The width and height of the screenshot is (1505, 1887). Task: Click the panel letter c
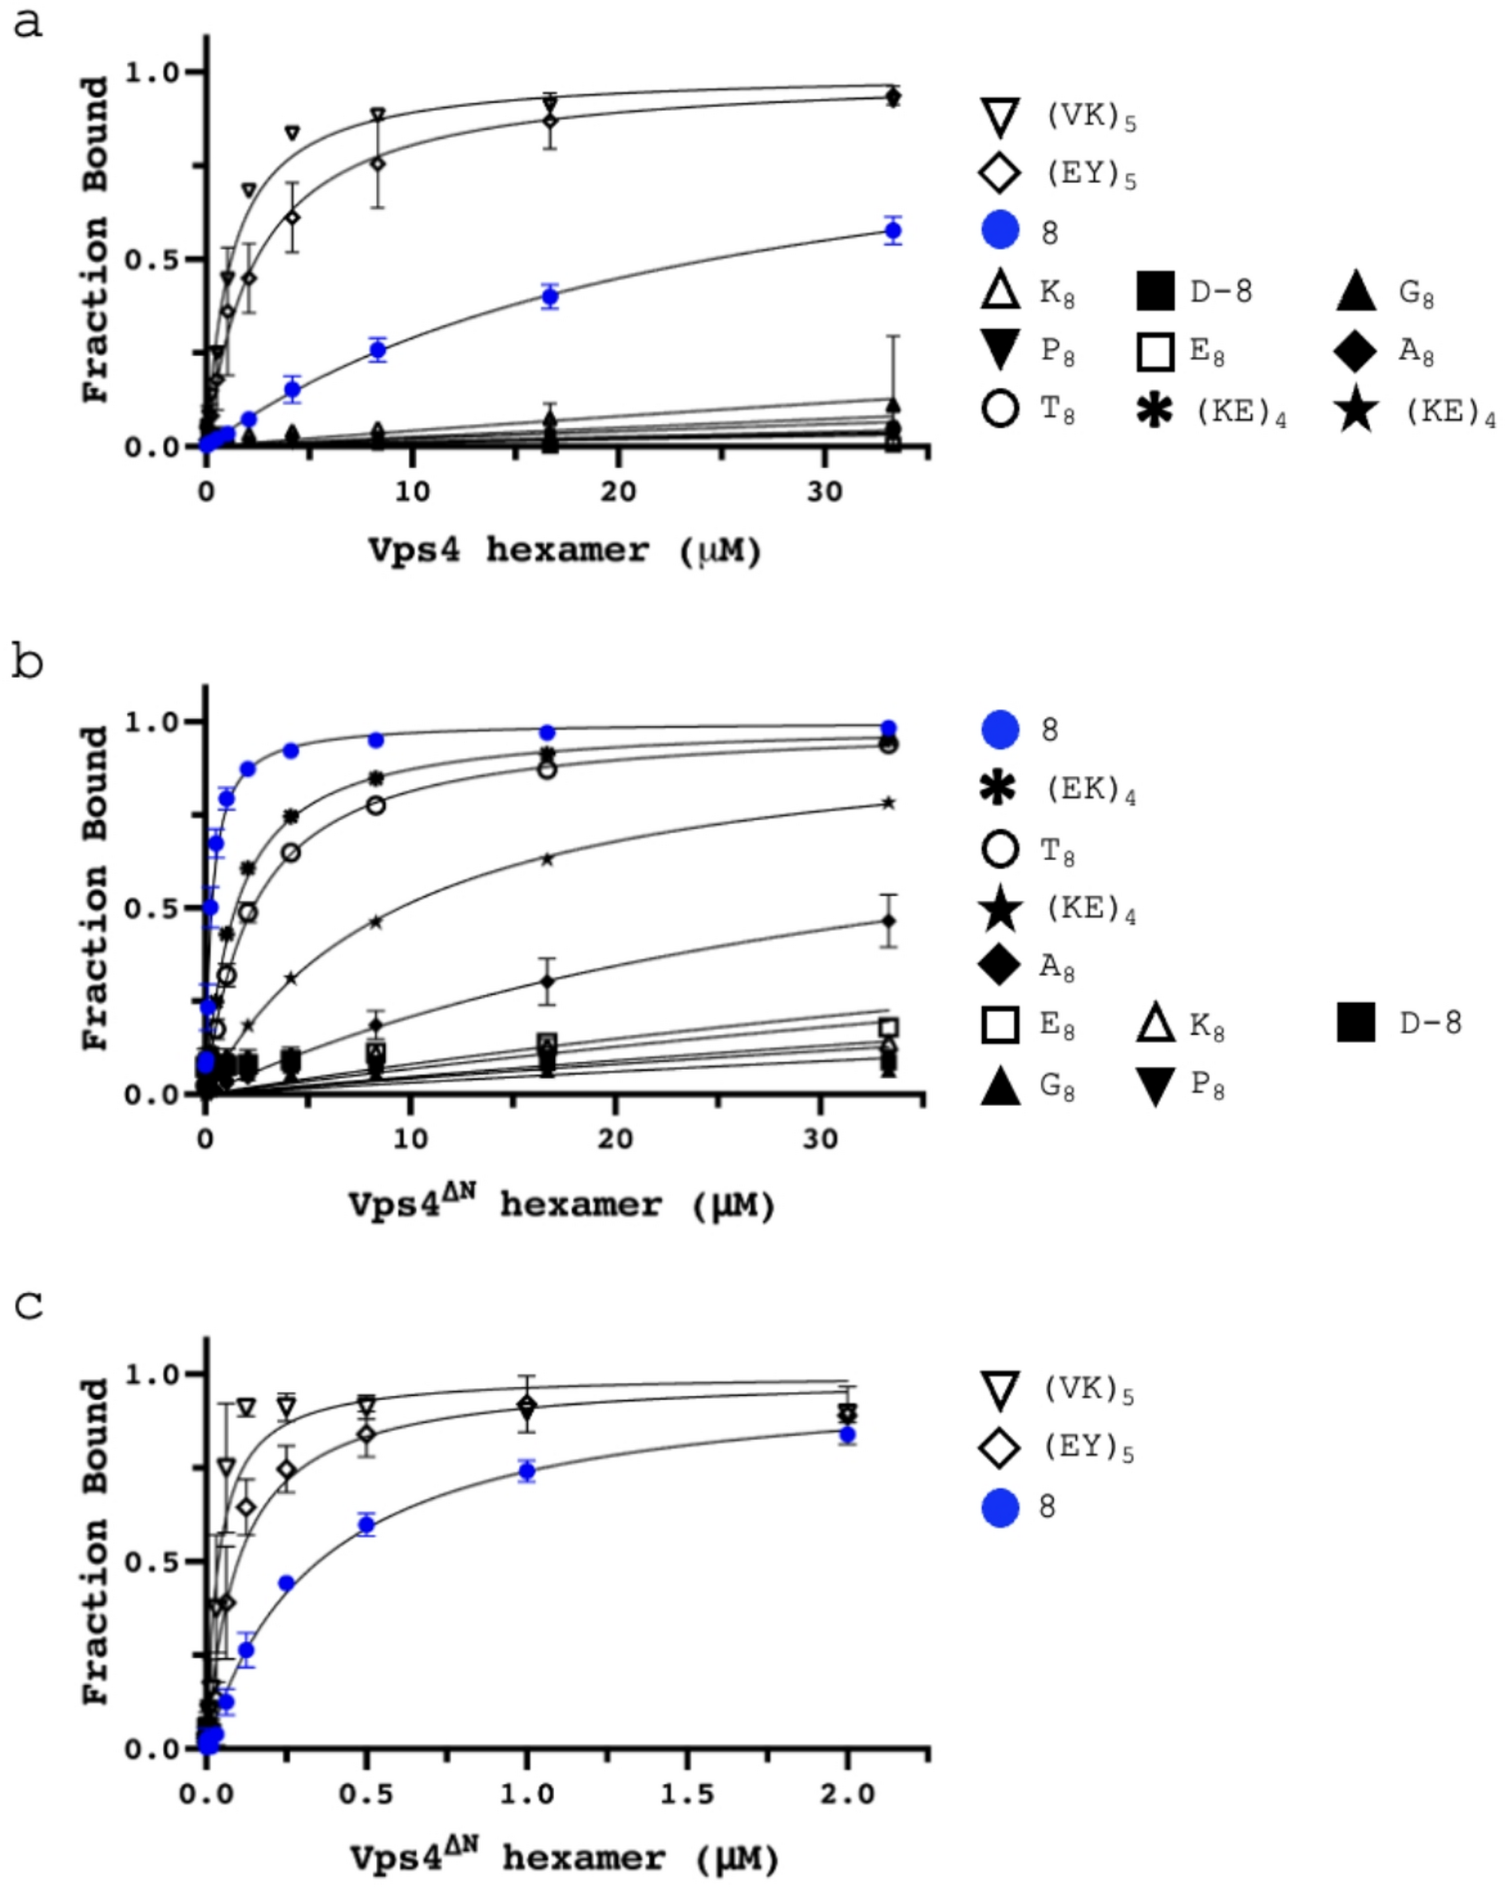click(30, 1305)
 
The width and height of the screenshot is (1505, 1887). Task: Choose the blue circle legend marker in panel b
click(1000, 729)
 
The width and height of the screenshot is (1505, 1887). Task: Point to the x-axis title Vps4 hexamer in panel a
click(564, 550)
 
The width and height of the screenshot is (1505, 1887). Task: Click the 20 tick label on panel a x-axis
click(618, 491)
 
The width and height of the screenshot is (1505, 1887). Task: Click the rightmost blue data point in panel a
click(893, 231)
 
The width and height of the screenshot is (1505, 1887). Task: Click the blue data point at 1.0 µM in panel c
click(527, 1471)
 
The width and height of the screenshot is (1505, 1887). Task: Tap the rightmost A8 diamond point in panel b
click(888, 921)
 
